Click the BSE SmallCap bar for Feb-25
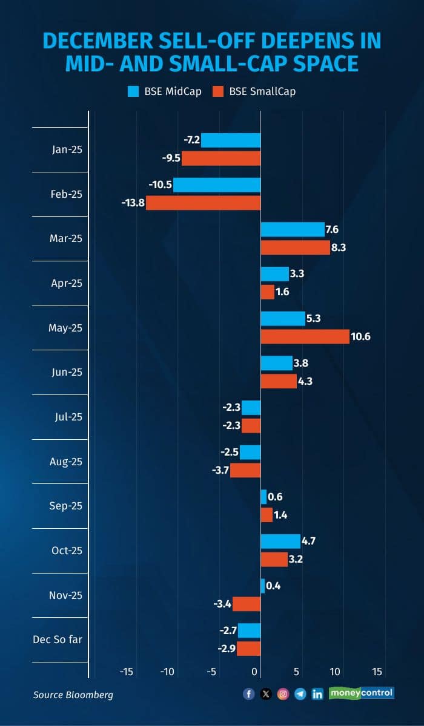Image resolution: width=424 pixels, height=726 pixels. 203,203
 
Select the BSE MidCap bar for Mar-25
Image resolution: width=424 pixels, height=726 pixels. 293,229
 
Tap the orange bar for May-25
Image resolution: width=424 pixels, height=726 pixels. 305,336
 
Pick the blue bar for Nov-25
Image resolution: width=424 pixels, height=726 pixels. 263,586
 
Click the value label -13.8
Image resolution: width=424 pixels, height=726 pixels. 133,203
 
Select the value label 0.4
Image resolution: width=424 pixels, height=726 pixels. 275,586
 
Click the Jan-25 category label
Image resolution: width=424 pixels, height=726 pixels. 67,149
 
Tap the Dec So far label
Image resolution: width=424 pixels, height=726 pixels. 58,639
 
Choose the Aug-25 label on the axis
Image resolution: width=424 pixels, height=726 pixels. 66,462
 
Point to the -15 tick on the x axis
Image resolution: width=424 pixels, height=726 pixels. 126,672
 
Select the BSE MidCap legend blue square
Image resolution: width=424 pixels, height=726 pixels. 133,92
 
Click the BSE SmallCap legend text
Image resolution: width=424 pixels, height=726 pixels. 262,92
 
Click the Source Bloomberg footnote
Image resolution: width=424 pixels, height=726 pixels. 73,695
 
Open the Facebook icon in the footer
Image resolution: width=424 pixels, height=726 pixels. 249,694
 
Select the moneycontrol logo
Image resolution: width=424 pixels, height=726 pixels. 362,693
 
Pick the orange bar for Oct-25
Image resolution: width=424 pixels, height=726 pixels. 274,559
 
